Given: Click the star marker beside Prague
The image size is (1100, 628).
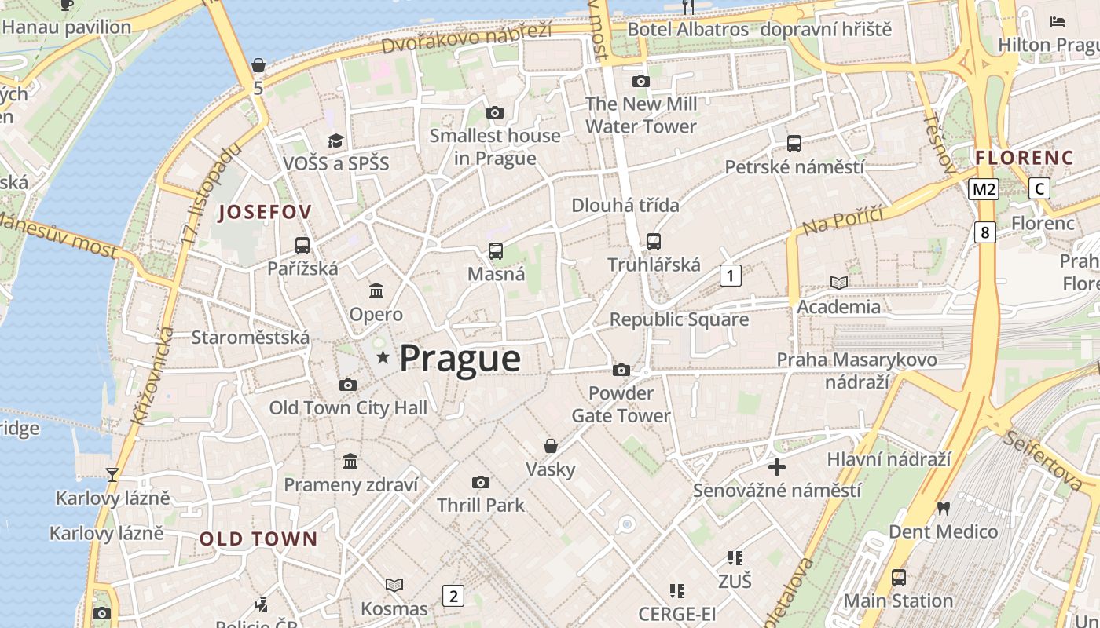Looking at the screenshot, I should (x=383, y=358).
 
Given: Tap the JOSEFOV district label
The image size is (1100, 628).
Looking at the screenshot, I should (x=265, y=212).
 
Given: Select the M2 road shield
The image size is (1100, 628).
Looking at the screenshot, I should (x=984, y=189).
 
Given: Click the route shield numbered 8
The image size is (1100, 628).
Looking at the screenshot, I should (x=984, y=232).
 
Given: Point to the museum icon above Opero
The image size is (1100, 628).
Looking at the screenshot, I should (x=376, y=290).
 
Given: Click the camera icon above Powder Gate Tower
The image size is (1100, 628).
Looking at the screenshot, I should (x=621, y=370).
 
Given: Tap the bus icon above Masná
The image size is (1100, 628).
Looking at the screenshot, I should (x=496, y=251).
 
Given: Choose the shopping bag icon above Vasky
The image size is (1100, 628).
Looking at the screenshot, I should (x=551, y=446).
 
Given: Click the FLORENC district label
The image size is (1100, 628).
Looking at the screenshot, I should (x=1024, y=158).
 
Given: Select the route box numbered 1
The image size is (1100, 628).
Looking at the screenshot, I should (x=731, y=276).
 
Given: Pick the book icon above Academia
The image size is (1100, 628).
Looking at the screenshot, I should (x=839, y=283).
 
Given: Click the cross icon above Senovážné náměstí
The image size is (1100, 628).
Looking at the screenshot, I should (x=776, y=467).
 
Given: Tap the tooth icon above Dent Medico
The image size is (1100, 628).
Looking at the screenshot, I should (x=944, y=508).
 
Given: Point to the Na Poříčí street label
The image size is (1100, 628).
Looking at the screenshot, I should (x=843, y=221).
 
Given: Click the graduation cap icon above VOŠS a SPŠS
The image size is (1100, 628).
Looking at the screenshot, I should (x=336, y=141).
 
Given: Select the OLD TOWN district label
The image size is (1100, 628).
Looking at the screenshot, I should (x=258, y=539).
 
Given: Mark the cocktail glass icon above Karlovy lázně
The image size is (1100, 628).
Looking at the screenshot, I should (x=112, y=474).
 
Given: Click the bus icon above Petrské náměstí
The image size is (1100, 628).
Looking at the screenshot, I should (x=794, y=144).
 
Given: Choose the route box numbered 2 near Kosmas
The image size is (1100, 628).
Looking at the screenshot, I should (x=453, y=596).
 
